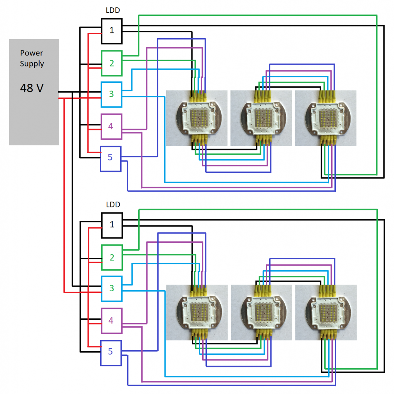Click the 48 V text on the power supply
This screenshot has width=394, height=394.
(32, 88)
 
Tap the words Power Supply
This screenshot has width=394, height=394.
(32, 58)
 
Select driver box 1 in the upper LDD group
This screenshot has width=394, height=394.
(112, 31)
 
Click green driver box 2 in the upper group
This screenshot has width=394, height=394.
(112, 63)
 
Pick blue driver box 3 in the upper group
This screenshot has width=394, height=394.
(112, 94)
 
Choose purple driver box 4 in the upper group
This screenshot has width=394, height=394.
(111, 126)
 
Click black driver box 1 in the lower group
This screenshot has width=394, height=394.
(112, 225)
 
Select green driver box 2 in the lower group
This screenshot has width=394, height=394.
(112, 257)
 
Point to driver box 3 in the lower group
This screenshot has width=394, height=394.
(112, 289)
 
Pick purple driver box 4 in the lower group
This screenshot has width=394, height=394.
(111, 321)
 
